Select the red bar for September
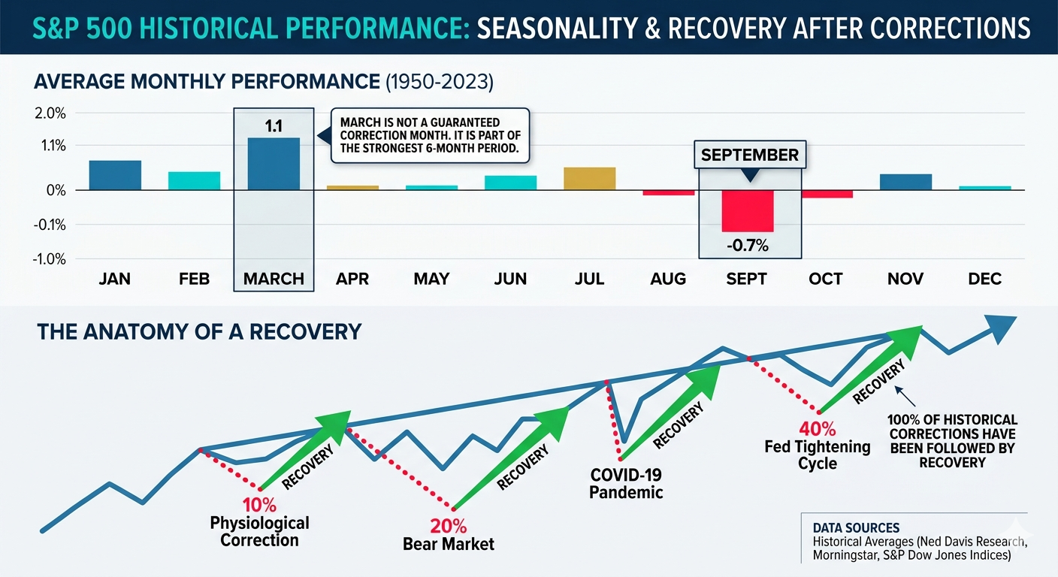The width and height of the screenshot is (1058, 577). coord(747,210)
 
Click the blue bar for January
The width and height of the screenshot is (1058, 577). coord(115,175)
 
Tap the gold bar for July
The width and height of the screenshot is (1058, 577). coord(589,179)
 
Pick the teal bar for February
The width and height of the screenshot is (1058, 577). coord(194,181)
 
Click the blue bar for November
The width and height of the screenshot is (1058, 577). coord(905,183)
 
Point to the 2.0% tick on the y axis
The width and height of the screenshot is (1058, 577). coord(50,113)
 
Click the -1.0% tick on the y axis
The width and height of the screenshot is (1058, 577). coord(49,259)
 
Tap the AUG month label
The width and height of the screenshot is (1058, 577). coord(668,279)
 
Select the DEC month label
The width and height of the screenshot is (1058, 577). coord(985,279)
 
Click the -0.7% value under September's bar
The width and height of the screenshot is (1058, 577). coord(747,246)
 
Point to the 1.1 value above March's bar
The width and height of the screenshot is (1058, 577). coord(274,126)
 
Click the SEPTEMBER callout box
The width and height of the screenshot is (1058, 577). coord(750,155)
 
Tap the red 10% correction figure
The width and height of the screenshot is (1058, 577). coord(259,505)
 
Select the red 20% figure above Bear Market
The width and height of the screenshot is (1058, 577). coord(449,526)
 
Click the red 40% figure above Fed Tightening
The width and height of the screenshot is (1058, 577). coord(817,429)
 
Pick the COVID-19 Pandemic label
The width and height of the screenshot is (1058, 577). coord(626,484)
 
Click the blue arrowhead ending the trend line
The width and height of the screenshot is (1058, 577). coord(1002,329)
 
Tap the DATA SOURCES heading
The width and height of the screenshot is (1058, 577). coord(856,527)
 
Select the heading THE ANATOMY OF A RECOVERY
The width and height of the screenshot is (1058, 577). coord(199,332)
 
